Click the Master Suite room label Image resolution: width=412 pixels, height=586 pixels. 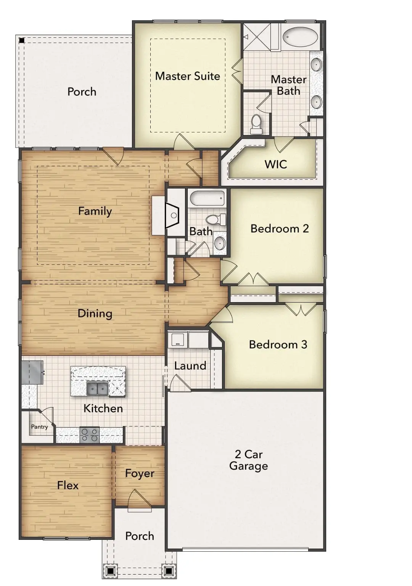coord(187,76)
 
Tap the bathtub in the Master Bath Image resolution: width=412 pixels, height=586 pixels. coord(300,37)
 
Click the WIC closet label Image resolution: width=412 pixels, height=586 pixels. coord(275,164)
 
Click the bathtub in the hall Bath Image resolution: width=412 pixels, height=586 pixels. coord(207,198)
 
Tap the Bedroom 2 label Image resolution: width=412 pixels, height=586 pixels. coord(279,229)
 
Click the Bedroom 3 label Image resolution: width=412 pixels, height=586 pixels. coord(278,345)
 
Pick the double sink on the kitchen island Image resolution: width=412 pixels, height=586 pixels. coord(97,389)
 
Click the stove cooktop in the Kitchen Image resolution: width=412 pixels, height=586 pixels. coord(90,435)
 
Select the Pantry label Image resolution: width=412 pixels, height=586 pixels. coord(39,427)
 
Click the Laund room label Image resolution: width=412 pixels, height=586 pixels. coord(190,366)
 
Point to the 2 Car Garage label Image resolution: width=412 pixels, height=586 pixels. coord(248,460)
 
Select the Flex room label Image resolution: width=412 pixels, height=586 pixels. coord(68,486)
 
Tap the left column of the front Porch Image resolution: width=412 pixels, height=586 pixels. coord(110,571)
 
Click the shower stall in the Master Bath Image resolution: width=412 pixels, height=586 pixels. coord(256,37)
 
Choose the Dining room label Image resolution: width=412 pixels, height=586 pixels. coord(95,314)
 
